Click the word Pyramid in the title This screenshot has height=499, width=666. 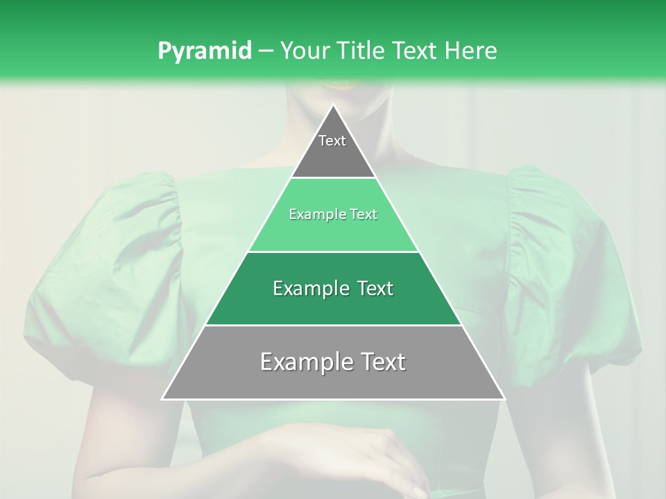pyautogui.click(x=204, y=51)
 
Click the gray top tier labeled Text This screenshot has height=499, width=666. pyautogui.click(x=333, y=149)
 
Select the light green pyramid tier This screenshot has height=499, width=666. pyautogui.click(x=333, y=225)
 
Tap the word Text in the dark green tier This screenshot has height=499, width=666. pyautogui.click(x=372, y=288)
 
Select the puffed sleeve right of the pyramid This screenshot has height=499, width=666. pyautogui.click(x=562, y=277)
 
